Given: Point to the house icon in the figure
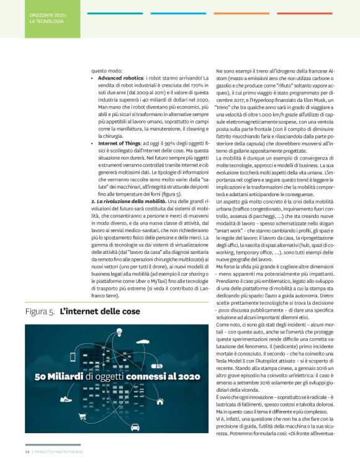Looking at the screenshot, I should tap(159, 402).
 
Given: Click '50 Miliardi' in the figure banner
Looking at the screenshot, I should tap(60, 376).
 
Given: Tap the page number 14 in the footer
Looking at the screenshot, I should tap(27, 460).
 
